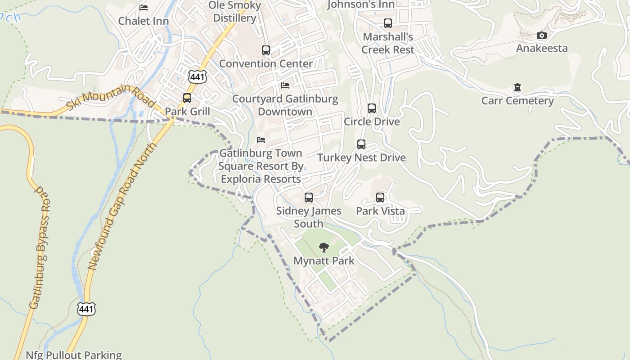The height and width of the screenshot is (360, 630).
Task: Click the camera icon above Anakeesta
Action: click(542, 36)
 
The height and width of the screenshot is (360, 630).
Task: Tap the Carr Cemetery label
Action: click(517, 100)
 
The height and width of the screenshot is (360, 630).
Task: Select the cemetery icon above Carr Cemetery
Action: click(517, 87)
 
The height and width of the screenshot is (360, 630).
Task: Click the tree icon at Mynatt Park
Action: click(324, 247)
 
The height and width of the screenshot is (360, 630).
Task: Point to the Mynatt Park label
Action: click(324, 261)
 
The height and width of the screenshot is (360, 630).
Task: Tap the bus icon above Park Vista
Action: click(380, 197)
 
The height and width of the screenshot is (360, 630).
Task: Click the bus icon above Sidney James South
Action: click(309, 197)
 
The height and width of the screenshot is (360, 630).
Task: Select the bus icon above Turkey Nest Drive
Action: click(361, 144)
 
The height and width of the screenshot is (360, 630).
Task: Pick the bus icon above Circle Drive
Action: click(372, 108)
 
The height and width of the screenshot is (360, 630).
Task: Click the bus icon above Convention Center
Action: click(266, 50)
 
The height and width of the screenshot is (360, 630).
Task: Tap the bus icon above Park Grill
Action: click(187, 98)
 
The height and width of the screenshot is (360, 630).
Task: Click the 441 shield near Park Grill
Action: click(198, 77)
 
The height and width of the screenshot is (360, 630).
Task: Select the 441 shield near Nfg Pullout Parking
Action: click(86, 309)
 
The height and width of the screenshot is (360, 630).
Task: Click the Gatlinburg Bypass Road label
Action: click(40, 247)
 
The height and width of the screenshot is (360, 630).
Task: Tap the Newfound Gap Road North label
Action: click(122, 207)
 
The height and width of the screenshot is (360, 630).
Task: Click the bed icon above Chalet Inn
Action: click(144, 8)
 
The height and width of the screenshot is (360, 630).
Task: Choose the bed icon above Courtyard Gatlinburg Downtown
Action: click(285, 85)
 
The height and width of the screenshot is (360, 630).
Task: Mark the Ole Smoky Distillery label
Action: click(234, 12)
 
